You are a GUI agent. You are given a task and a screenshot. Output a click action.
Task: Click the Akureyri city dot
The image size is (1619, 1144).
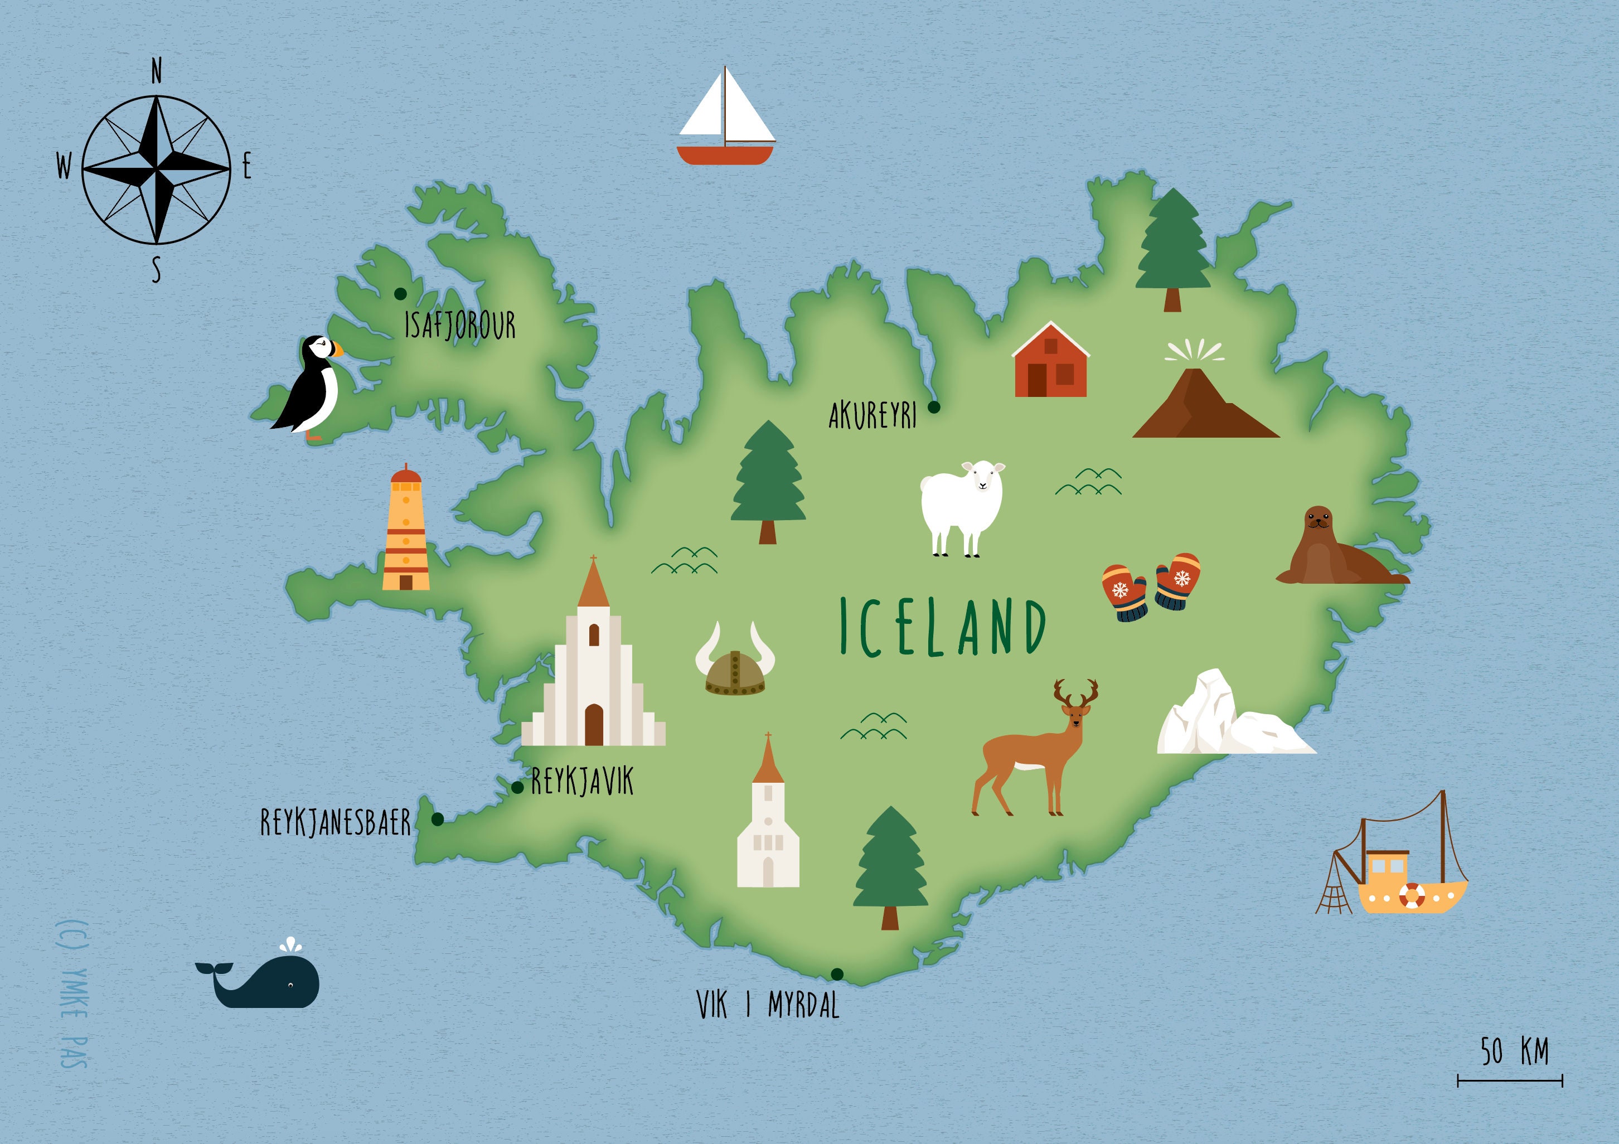click(934, 407)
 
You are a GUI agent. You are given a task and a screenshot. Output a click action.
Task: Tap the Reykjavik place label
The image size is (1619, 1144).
click(583, 782)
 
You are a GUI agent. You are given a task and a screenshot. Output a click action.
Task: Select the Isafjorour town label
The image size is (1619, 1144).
click(460, 325)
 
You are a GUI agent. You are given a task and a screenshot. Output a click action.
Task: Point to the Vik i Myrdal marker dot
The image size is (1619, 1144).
click(837, 975)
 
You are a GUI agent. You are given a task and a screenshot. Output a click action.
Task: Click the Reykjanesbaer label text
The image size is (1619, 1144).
click(336, 822)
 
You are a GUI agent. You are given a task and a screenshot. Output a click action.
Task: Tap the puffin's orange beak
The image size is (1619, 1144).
click(338, 348)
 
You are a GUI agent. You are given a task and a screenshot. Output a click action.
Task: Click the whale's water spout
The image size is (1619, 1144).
click(290, 945)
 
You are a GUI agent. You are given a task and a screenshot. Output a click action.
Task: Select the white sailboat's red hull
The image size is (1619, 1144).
click(725, 155)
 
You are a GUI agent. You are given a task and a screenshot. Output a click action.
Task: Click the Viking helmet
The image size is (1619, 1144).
click(735, 671)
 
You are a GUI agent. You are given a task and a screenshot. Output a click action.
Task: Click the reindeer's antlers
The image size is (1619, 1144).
click(1076, 694)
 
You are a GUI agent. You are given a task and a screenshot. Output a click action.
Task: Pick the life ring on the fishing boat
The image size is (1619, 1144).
click(1412, 895)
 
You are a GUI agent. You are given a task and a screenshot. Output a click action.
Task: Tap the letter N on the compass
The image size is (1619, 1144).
click(157, 72)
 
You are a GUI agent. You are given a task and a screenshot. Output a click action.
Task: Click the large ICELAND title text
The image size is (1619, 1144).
click(943, 626)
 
